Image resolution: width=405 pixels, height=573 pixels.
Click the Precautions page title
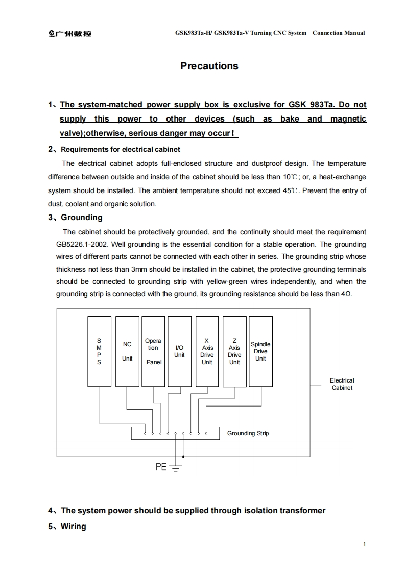(x=209, y=66)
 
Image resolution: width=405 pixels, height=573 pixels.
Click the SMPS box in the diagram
(x=99, y=351)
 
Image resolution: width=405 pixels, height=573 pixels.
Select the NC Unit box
(x=127, y=351)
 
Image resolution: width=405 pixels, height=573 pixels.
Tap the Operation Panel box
(x=153, y=351)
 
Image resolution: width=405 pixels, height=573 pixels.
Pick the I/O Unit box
(x=179, y=351)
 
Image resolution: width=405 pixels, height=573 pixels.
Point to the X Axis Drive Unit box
(x=207, y=351)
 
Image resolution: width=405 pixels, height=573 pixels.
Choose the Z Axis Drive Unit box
(x=234, y=351)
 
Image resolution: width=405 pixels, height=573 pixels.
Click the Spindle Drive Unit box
(x=260, y=351)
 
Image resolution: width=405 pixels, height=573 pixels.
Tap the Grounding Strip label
(x=248, y=433)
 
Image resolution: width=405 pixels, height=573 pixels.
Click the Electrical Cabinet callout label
(x=342, y=384)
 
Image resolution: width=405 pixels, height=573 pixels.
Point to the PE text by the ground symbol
(x=161, y=467)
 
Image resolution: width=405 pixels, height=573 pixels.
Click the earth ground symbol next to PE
(x=176, y=467)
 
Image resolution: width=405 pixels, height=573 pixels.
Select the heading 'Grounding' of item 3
(x=81, y=218)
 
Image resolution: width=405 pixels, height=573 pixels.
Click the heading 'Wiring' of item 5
(x=74, y=526)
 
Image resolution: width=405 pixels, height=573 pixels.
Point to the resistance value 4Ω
(x=346, y=294)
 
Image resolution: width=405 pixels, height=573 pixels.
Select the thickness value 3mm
(x=140, y=269)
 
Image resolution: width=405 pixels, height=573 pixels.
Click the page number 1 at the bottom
(x=364, y=544)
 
